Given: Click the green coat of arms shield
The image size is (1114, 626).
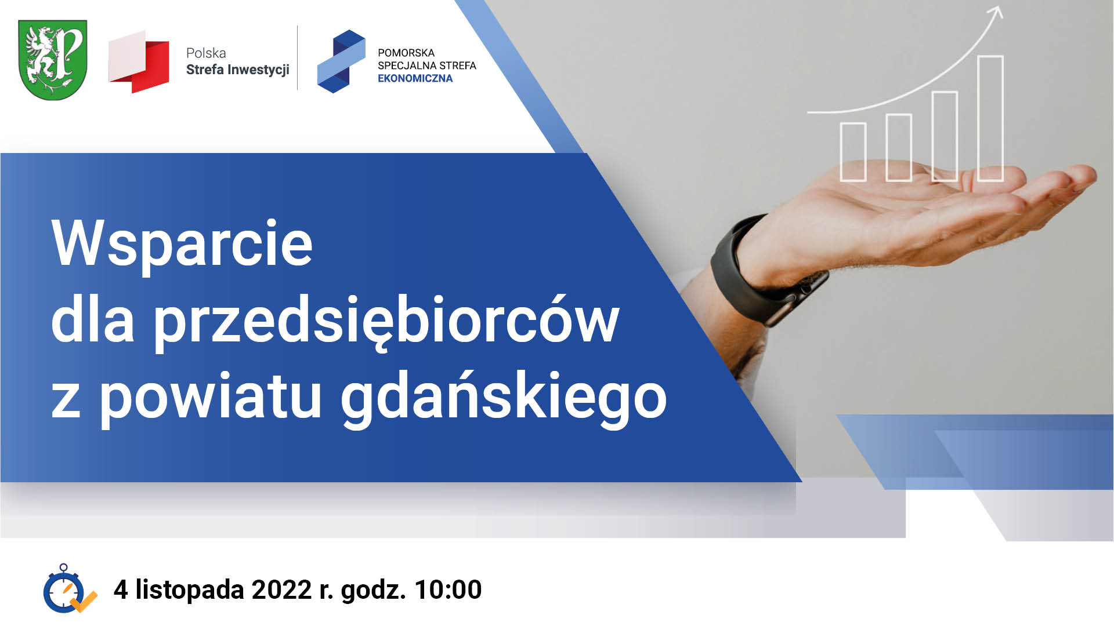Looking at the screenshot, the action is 53,60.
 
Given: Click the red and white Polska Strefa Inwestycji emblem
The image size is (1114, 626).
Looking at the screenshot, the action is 139,61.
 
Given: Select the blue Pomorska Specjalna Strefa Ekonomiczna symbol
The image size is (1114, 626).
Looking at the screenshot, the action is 341,61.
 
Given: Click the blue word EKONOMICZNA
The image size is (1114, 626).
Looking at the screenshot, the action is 415,79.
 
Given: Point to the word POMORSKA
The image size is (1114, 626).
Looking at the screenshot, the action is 406,53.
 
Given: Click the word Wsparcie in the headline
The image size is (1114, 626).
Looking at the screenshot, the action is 182,243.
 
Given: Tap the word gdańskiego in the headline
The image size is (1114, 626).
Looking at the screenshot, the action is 504,398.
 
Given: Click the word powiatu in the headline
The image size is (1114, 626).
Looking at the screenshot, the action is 211,398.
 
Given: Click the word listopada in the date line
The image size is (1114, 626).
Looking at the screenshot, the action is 190,589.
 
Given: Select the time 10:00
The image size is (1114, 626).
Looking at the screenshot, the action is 448,589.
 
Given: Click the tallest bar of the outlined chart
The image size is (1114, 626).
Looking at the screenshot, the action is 990,118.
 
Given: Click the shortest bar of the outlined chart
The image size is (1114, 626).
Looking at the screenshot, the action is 853,152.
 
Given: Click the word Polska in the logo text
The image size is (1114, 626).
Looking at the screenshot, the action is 206,53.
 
